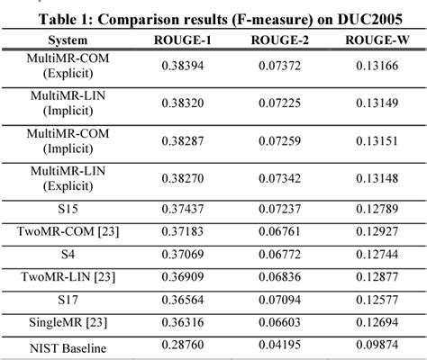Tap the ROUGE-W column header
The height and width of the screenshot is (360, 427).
click(x=375, y=40)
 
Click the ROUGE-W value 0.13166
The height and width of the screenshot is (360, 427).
click(x=375, y=66)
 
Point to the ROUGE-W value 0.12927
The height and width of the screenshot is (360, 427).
click(x=375, y=231)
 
